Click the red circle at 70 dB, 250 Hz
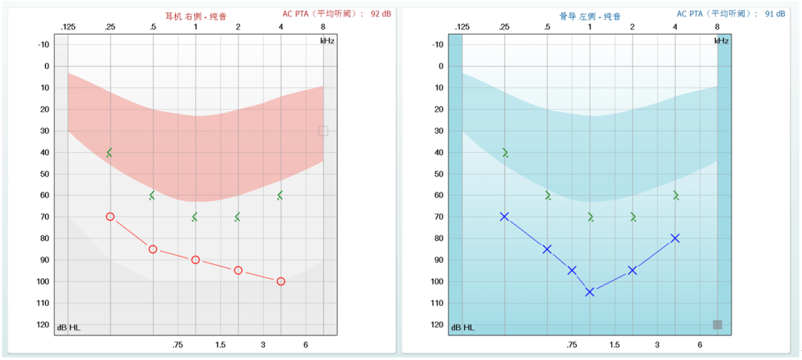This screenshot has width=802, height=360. (110, 217)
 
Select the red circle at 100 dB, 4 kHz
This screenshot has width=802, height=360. (281, 281)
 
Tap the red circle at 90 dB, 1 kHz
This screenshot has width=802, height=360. (195, 260)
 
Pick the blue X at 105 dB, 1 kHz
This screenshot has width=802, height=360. (590, 292)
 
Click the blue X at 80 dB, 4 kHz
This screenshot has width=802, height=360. (675, 238)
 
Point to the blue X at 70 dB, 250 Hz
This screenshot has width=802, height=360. (504, 217)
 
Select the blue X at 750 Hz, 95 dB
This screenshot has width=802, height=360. (572, 270)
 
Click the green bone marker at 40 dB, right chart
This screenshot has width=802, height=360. (505, 153)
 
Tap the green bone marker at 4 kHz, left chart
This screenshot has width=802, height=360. (280, 195)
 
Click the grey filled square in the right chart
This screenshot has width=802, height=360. (717, 324)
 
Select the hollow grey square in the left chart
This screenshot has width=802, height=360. (323, 131)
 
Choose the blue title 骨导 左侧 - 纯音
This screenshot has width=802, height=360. (590, 16)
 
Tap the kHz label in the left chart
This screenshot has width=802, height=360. (327, 41)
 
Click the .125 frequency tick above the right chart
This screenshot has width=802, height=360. (462, 27)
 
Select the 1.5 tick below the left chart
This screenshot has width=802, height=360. (221, 345)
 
